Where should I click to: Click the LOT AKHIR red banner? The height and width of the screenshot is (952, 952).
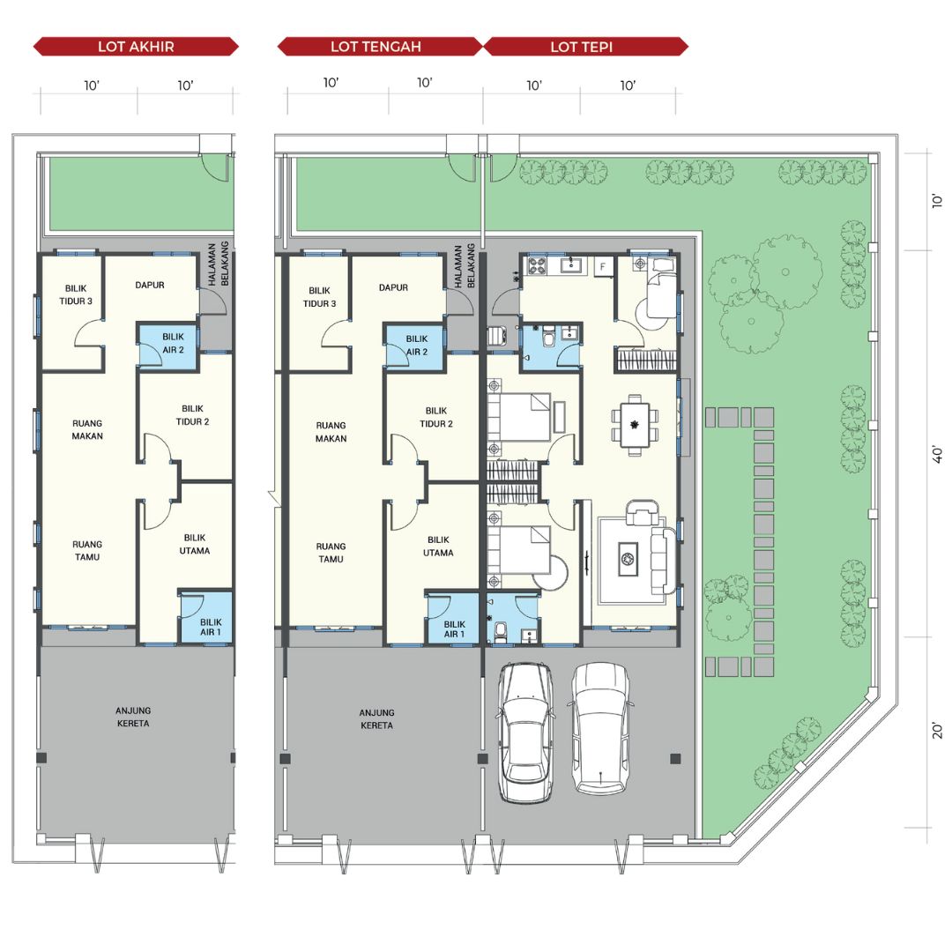[136, 47]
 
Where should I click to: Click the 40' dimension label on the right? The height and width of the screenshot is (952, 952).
[937, 456]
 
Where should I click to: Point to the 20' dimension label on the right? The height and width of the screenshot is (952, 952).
[937, 731]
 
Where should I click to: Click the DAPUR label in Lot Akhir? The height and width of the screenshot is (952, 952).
[149, 285]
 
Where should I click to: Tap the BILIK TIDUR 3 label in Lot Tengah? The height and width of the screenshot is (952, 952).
[319, 297]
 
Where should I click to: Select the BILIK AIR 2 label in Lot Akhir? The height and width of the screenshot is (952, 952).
[173, 343]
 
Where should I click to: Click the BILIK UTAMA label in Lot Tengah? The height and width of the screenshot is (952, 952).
[438, 546]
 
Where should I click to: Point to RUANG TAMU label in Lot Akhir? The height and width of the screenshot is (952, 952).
[87, 550]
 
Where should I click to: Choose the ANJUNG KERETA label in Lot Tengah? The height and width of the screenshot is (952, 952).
[376, 719]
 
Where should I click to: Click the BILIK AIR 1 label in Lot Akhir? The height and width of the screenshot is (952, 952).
[211, 627]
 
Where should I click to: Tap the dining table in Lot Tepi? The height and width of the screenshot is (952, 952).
[635, 424]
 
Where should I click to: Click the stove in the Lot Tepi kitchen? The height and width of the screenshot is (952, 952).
[538, 264]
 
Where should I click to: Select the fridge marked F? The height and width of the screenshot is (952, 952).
[604, 266]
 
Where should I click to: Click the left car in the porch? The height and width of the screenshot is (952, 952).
[525, 733]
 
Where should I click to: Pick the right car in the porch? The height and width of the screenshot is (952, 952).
[600, 729]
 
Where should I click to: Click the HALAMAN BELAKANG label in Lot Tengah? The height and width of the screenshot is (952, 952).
[464, 266]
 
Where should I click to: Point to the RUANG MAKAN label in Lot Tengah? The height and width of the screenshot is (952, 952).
[331, 432]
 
